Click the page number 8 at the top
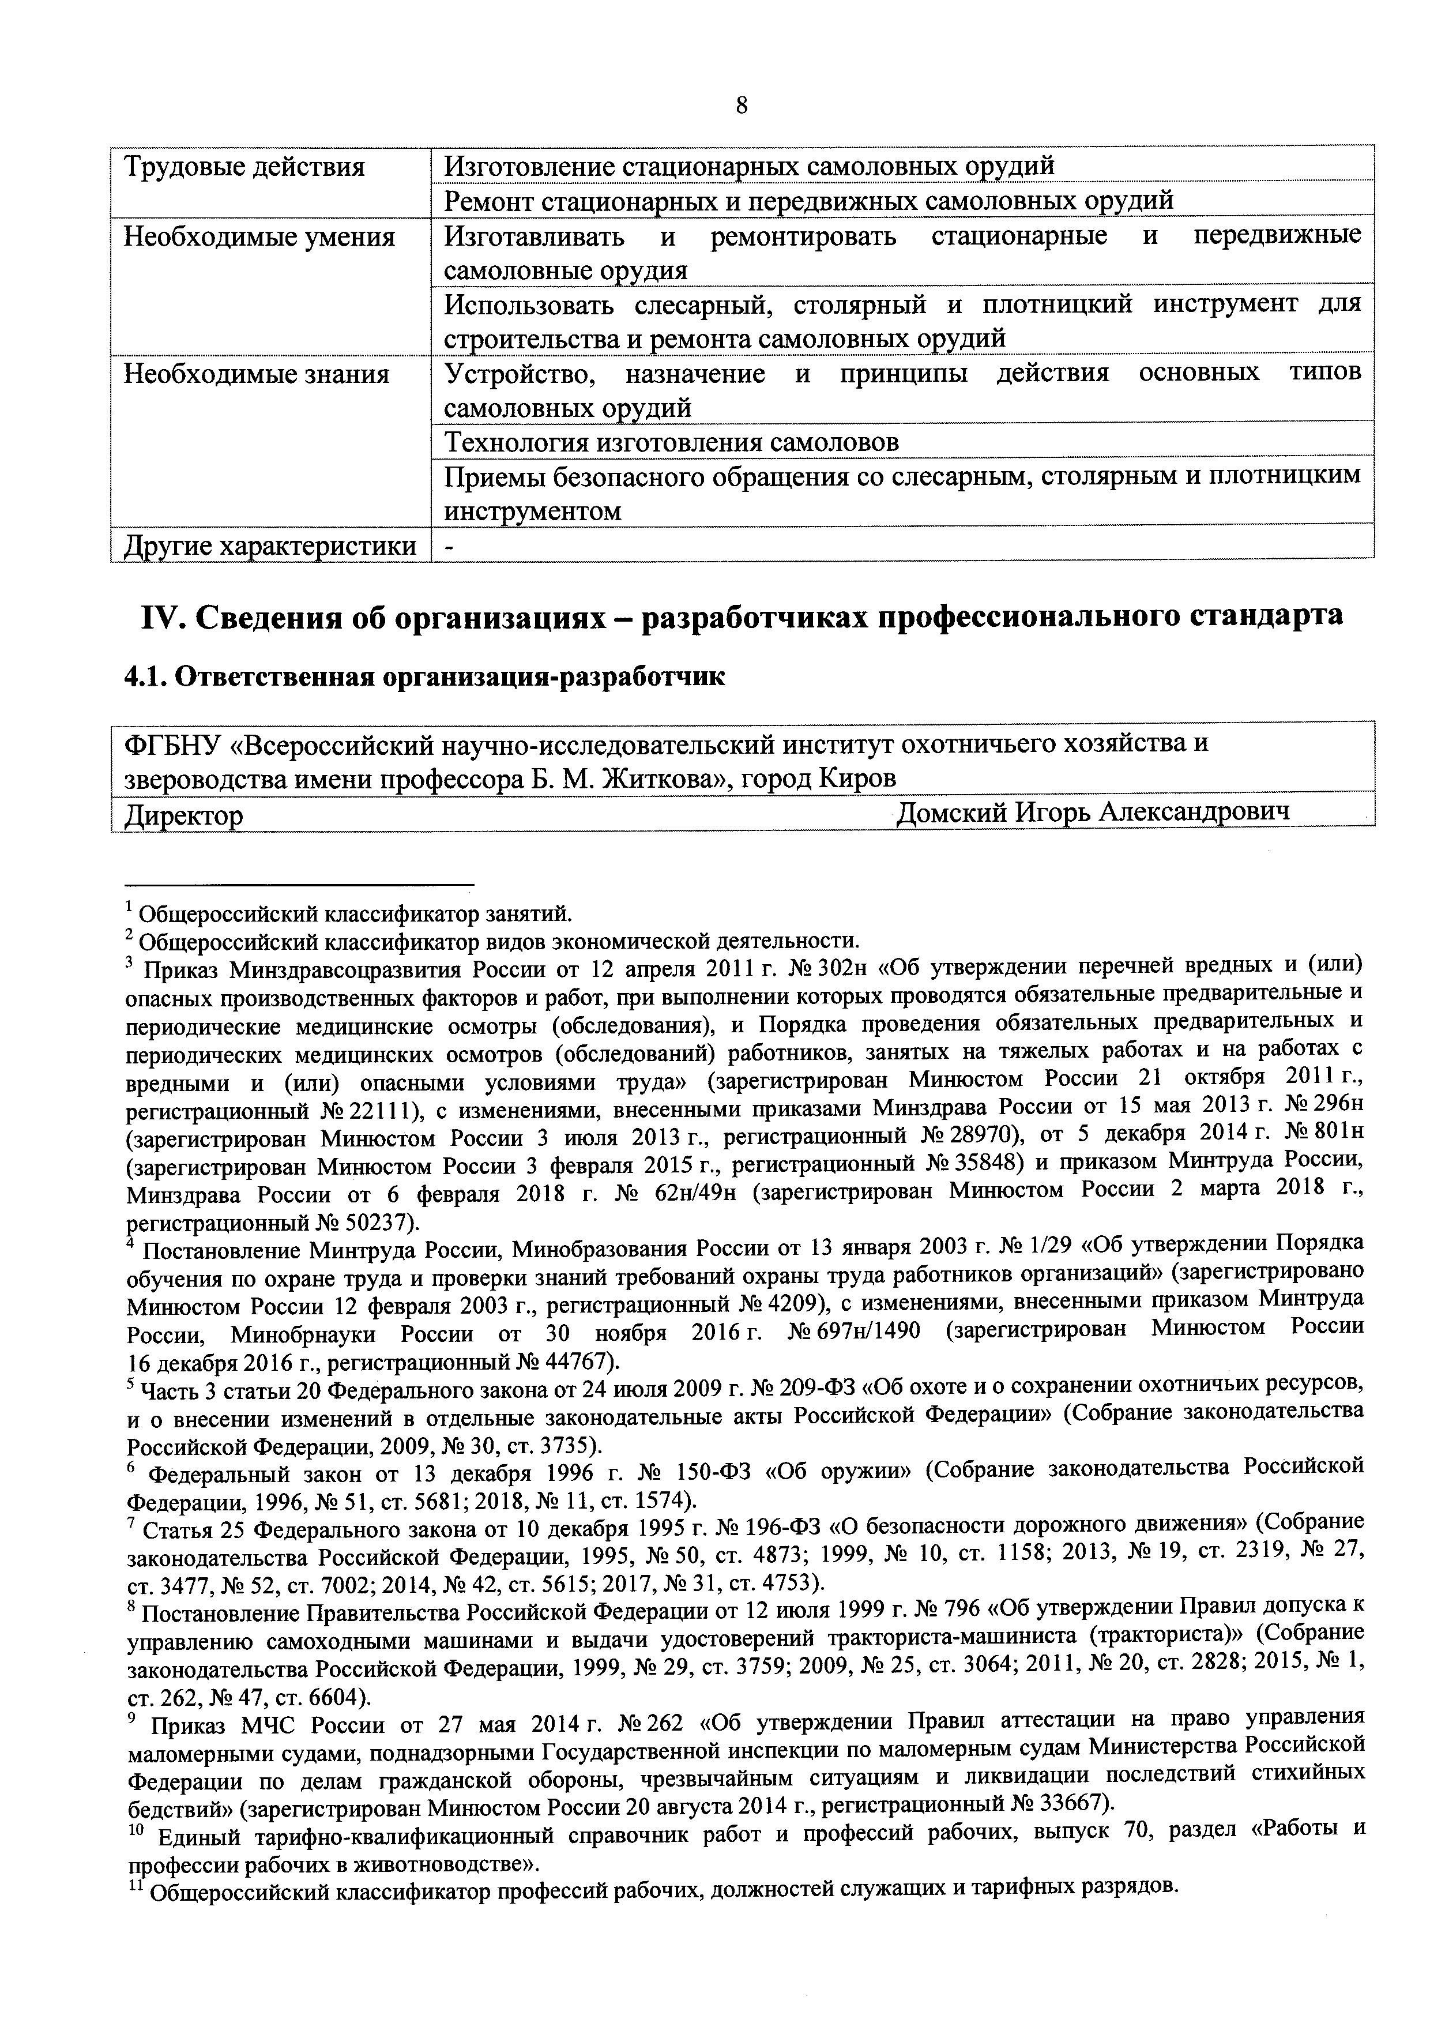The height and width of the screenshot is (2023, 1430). tap(741, 106)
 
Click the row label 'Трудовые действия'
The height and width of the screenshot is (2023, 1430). tap(244, 167)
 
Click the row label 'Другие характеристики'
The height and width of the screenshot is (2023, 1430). tap(270, 546)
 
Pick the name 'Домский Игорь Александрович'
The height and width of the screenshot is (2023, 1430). tap(1092, 811)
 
